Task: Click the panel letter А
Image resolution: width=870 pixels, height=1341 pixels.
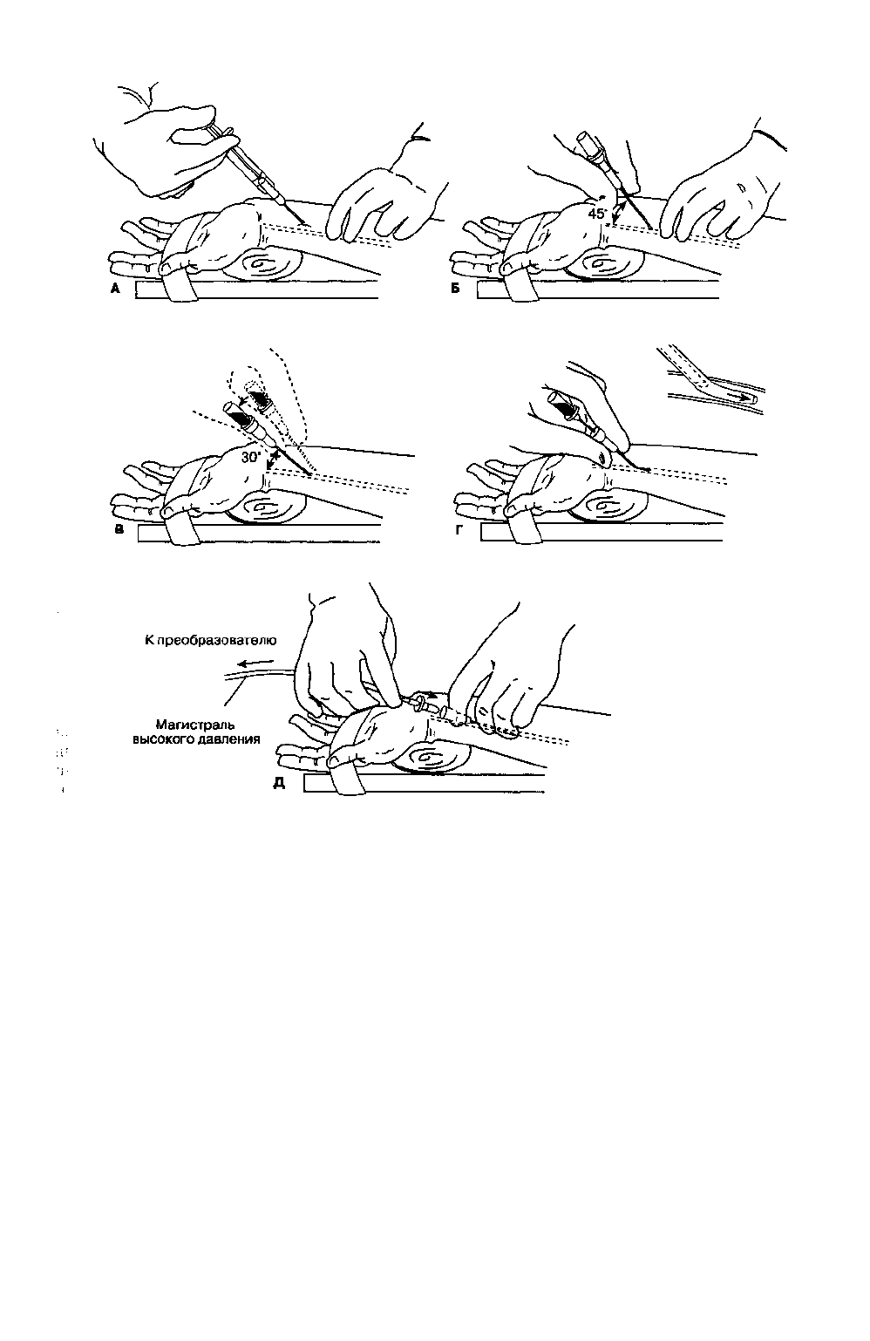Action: tap(115, 289)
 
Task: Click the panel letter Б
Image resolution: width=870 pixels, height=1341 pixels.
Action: tap(455, 289)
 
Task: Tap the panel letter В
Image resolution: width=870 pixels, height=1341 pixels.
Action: tap(119, 529)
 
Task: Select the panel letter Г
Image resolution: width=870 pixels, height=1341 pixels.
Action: tap(460, 529)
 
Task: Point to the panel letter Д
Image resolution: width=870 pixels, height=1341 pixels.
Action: tap(279, 783)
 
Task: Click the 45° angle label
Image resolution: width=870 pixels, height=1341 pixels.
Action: tap(596, 214)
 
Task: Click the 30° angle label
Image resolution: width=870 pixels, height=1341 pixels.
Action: tap(251, 458)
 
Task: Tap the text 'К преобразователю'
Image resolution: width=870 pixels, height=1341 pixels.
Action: tap(211, 641)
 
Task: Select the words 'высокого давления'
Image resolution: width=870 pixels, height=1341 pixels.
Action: tap(196, 739)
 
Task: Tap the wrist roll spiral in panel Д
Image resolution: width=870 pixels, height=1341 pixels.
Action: tap(430, 759)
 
